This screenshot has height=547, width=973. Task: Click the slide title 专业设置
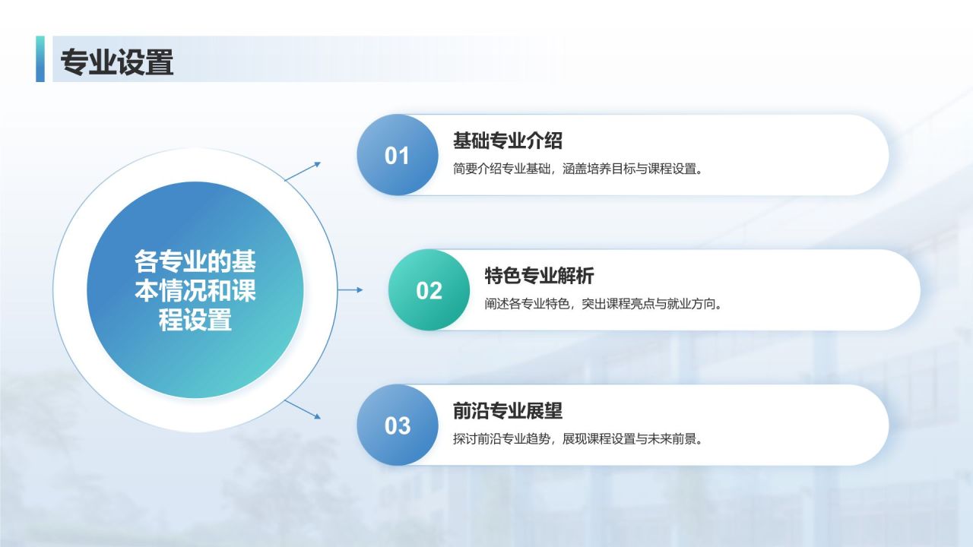pos(117,62)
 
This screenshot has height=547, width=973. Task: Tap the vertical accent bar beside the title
pos(40,58)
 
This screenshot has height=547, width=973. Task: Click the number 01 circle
pos(398,155)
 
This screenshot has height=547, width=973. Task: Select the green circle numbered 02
pos(429,290)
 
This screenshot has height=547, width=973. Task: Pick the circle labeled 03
pos(398,425)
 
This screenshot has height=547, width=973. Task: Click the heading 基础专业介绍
pos(507,141)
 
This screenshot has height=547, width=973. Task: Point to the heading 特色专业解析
pos(539,276)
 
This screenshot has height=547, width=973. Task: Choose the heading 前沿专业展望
pos(507,411)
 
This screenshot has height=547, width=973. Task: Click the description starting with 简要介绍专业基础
pos(578,169)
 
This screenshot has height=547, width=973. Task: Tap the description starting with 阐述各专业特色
pos(604,303)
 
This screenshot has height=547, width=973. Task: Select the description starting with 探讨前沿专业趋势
pos(578,439)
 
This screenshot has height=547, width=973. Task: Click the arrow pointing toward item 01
pos(303,171)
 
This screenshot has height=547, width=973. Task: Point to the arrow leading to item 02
pos(350,289)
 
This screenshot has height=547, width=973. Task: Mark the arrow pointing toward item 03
pos(303,409)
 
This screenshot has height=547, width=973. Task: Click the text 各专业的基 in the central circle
pos(195,261)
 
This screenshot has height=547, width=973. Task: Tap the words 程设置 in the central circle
pos(195,320)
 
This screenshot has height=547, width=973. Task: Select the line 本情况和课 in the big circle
pos(195,290)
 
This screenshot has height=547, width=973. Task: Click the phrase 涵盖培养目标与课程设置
pos(632,169)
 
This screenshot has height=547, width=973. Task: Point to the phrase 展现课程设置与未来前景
pos(632,439)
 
